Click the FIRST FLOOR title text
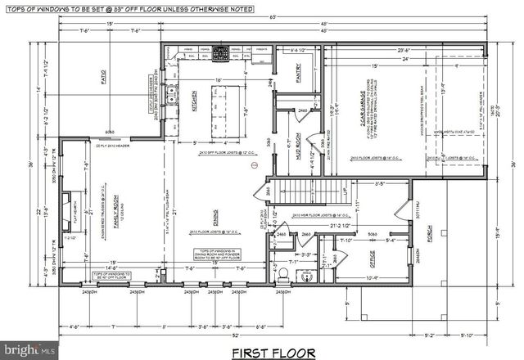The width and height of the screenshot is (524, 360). click(x=273, y=353)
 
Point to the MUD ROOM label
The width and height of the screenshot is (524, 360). click(x=298, y=150)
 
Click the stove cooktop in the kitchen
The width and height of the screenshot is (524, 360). click(x=220, y=55)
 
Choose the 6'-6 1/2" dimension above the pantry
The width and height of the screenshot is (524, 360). click(x=299, y=51)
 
